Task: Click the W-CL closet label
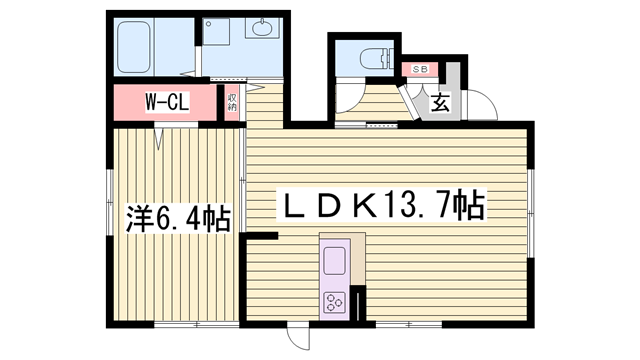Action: (167, 102)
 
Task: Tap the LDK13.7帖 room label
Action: (382, 204)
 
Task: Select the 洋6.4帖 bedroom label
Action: (178, 218)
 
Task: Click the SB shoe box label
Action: (420, 69)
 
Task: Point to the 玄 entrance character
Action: (440, 102)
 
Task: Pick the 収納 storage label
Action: (232, 102)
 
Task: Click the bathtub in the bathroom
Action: (134, 47)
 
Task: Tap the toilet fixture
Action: (376, 59)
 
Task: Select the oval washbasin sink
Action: (261, 28)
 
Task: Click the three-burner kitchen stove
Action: (334, 302)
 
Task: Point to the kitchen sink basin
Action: (334, 261)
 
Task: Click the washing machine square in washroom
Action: (216, 31)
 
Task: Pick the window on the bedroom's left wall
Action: (110, 202)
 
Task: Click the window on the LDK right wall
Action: (530, 213)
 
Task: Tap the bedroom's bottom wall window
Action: (196, 325)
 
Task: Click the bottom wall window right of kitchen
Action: (409, 325)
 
